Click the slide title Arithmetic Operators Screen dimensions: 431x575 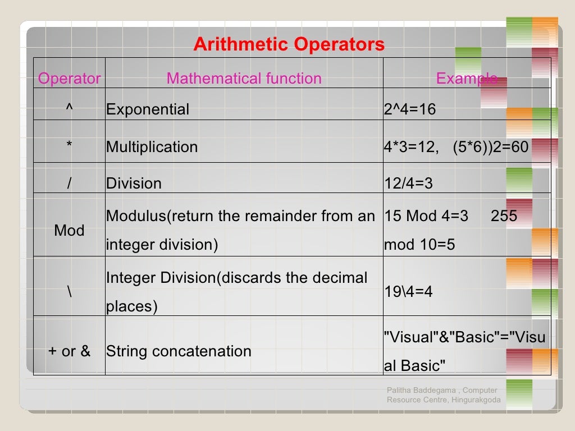pyautogui.click(x=289, y=45)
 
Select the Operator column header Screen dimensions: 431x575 pyautogui.click(x=69, y=79)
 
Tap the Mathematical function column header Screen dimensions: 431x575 pyautogui.click(x=244, y=79)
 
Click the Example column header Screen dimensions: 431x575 pyautogui.click(x=466, y=79)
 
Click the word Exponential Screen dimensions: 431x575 pyautogui.click(x=148, y=109)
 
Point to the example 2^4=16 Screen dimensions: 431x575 pyautogui.click(x=410, y=109)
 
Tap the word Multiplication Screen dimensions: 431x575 pyautogui.click(x=152, y=147)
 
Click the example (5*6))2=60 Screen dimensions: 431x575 pyautogui.click(x=490, y=147)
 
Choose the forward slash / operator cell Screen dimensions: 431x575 pyautogui.click(x=69, y=184)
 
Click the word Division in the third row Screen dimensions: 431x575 pyautogui.click(x=134, y=184)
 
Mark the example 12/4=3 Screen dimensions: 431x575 pyautogui.click(x=408, y=184)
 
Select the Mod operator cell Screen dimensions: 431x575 pyautogui.click(x=69, y=231)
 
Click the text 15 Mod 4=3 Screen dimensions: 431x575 pyautogui.click(x=426, y=216)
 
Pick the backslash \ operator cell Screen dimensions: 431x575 pyautogui.click(x=69, y=292)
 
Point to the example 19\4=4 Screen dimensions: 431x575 pyautogui.click(x=408, y=292)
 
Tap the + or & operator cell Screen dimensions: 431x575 pyautogui.click(x=69, y=351)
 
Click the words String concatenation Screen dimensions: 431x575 pyautogui.click(x=179, y=351)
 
